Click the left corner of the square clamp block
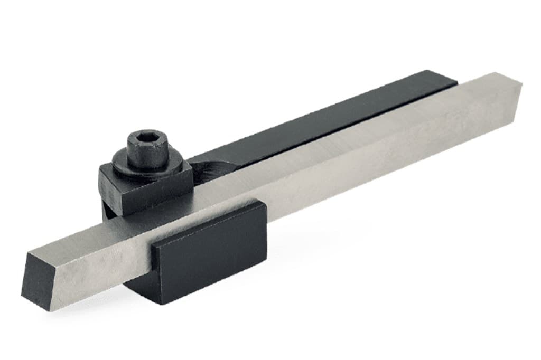pos(100,174)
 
